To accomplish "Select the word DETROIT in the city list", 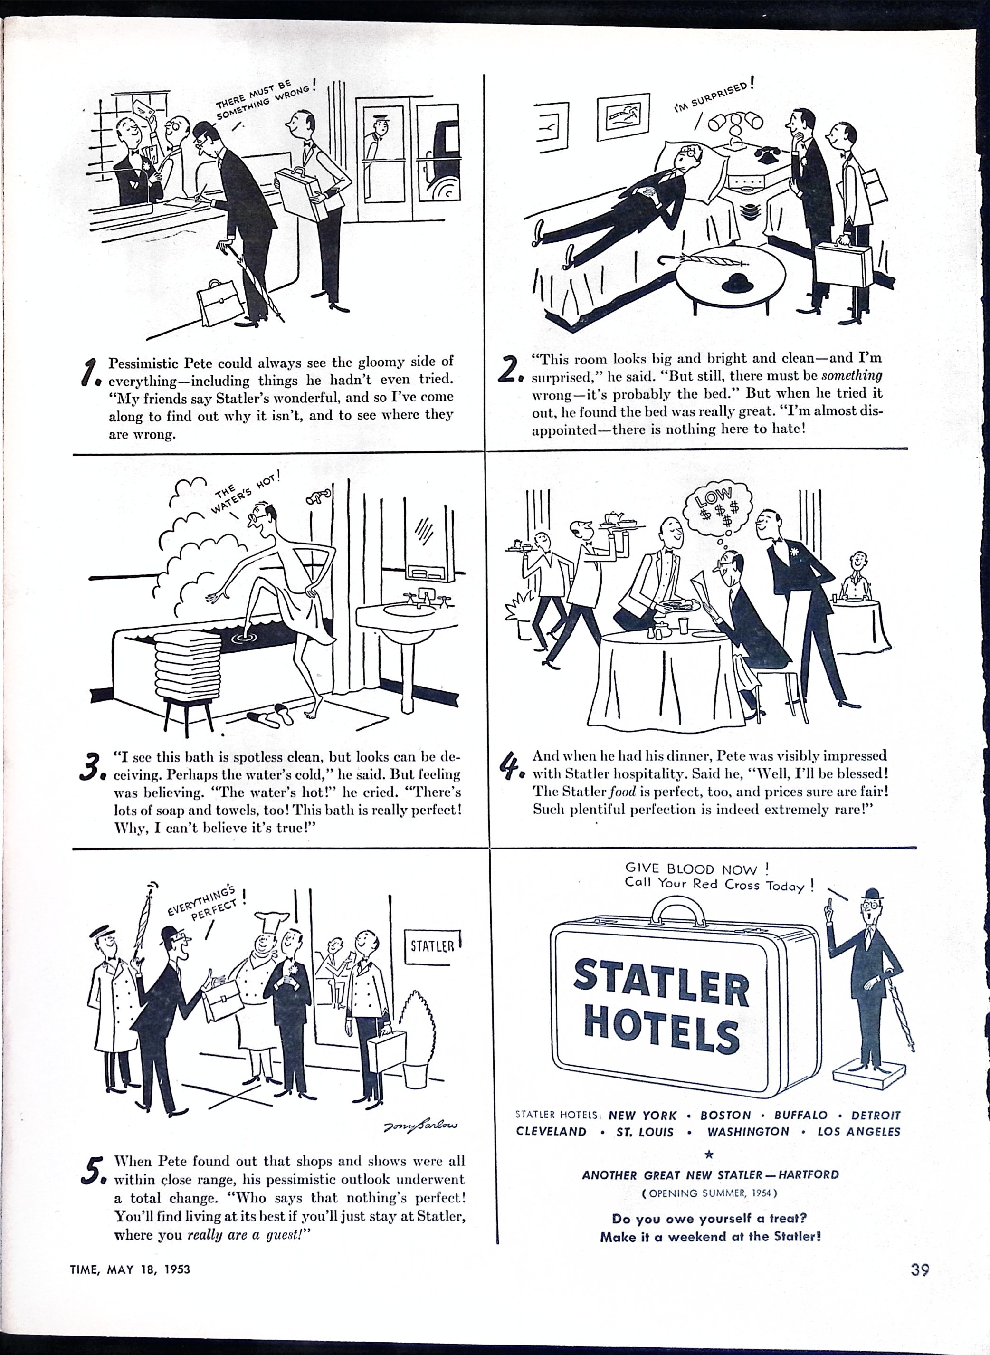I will [x=876, y=1115].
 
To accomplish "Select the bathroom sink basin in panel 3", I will [x=410, y=611].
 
